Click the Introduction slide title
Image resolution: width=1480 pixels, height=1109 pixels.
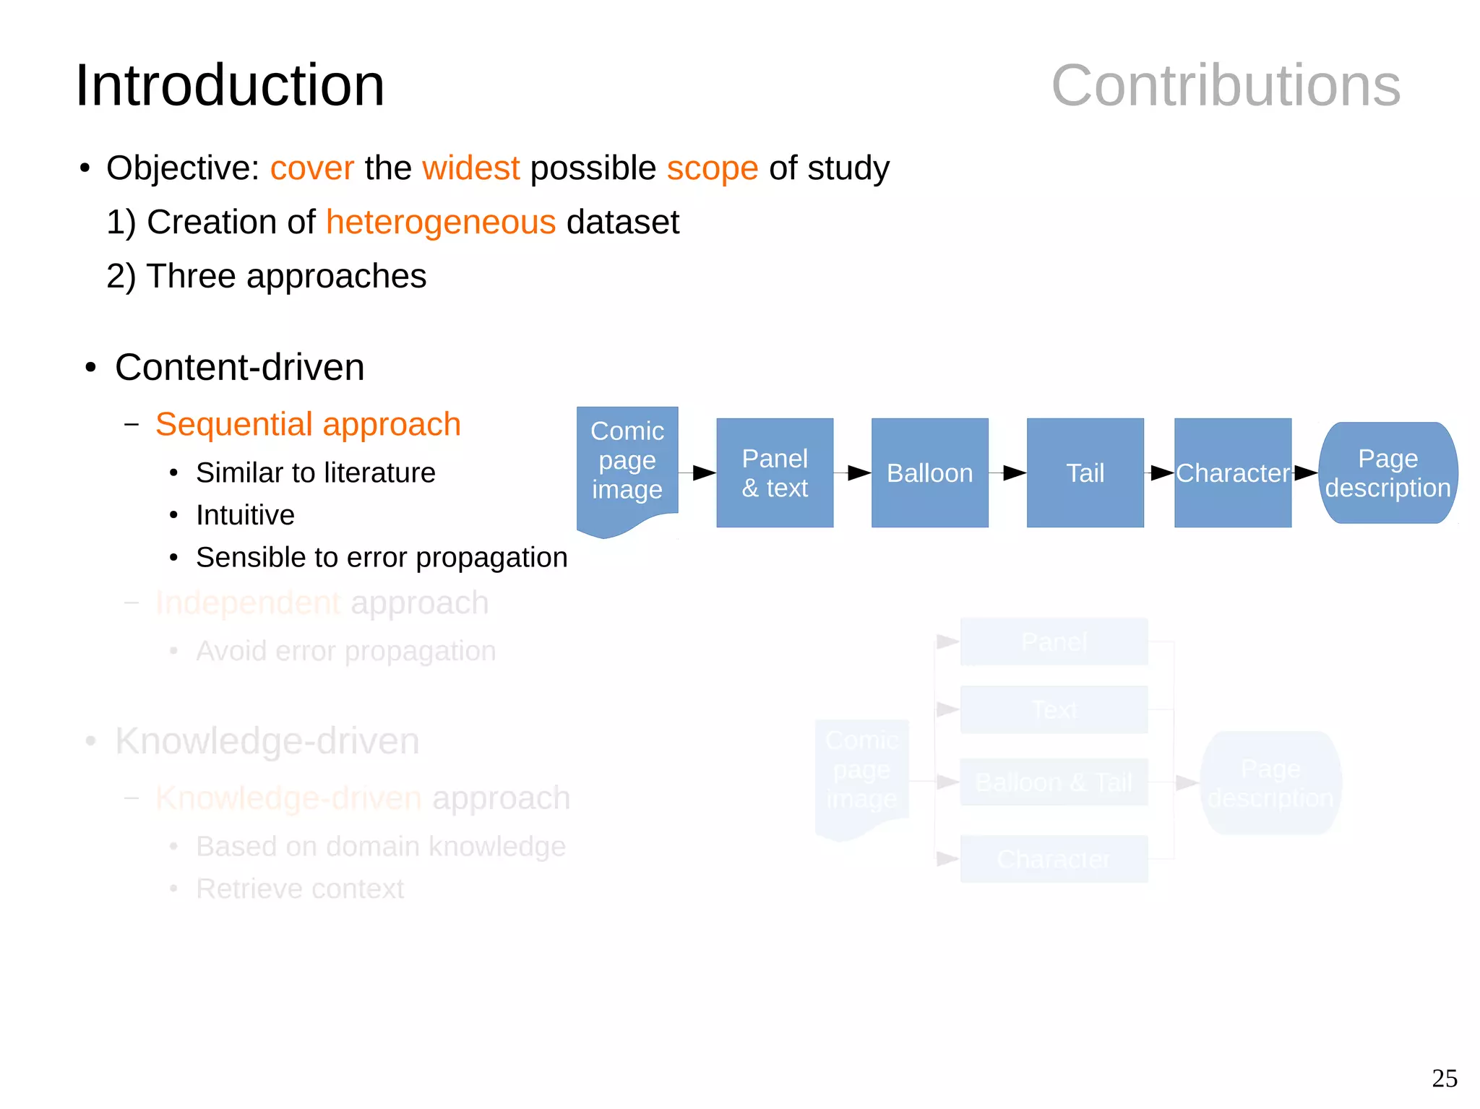click(230, 85)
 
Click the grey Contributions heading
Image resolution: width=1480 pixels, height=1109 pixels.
click(1226, 85)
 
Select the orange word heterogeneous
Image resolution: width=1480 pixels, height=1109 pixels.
click(441, 222)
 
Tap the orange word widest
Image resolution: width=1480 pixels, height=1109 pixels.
click(470, 168)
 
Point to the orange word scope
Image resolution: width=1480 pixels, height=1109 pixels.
click(712, 168)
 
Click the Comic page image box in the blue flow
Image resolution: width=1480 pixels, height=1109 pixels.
click(627, 462)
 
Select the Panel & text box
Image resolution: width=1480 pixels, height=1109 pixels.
click(775, 473)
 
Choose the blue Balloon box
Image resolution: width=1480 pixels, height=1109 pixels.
click(929, 473)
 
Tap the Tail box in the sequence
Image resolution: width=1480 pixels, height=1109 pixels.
click(1085, 473)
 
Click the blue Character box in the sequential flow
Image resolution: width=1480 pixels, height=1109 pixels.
click(1232, 473)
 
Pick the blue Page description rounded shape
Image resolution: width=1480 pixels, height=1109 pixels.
click(1387, 473)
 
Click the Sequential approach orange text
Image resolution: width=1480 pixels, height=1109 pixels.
click(308, 424)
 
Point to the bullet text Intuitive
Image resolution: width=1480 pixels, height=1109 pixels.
click(245, 515)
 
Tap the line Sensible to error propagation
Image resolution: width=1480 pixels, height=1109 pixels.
click(381, 558)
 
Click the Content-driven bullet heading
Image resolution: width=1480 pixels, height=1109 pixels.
click(239, 367)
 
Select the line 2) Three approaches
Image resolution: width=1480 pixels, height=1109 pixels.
click(266, 276)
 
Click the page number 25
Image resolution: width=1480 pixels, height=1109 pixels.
click(1444, 1078)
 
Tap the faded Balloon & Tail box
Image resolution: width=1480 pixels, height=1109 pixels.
click(1054, 782)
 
